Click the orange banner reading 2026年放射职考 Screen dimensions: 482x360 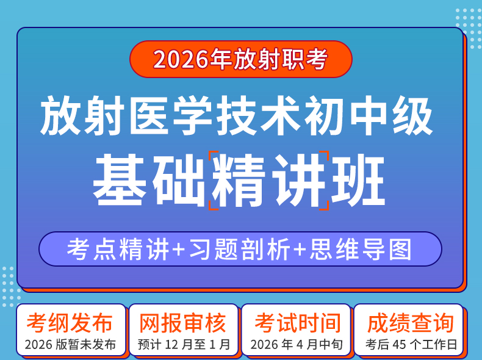tap(240, 59)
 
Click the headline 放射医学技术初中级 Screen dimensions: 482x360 tap(236, 115)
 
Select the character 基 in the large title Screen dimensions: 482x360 tap(120, 180)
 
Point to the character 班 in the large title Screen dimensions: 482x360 tap(358, 180)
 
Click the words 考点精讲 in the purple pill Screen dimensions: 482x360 tap(118, 249)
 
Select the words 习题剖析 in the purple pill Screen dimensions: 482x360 tap(240, 249)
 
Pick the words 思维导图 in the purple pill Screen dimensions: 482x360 tap(360, 249)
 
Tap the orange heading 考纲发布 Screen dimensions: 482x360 tap(70, 323)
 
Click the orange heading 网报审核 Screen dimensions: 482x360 tap(183, 323)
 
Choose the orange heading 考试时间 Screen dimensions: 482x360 tap(298, 323)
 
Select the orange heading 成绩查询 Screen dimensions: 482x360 tap(411, 323)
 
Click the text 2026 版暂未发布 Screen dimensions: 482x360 tap(70, 345)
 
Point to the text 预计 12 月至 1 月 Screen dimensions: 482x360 tap(184, 345)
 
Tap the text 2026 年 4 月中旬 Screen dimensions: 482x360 tap(297, 345)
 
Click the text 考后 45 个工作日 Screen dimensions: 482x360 tap(411, 345)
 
